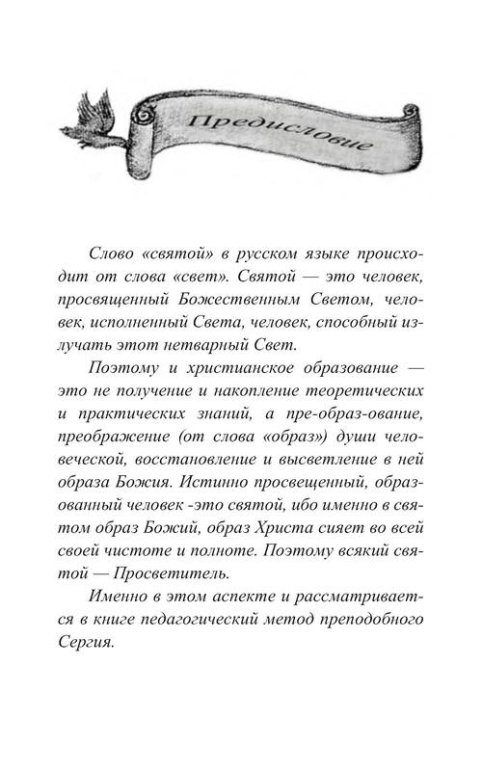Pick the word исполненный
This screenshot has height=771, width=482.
pos(142,332)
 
